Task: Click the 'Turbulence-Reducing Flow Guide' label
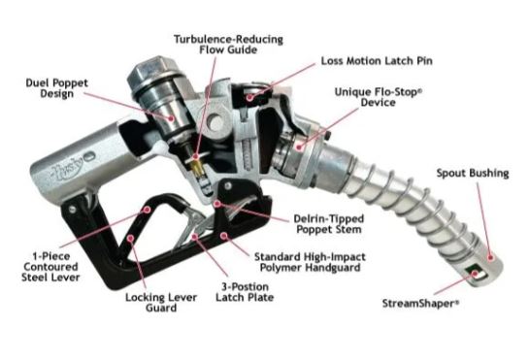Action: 228,45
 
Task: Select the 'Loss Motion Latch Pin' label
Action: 377,61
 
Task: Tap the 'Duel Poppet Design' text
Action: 56,88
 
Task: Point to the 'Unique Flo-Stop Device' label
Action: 379,97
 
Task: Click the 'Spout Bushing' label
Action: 473,173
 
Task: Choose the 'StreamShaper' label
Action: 420,304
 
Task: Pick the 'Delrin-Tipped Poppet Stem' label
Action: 329,224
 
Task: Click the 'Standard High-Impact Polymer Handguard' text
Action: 310,262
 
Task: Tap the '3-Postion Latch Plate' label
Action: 245,292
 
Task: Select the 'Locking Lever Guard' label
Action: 161,303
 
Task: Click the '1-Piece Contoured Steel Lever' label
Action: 50,267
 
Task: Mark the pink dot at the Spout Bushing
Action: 491,258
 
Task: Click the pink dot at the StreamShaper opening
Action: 475,274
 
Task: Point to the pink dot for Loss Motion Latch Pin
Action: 249,97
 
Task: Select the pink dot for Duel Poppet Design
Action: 172,118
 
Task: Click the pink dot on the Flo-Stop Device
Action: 299,147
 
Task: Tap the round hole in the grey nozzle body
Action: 215,123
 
